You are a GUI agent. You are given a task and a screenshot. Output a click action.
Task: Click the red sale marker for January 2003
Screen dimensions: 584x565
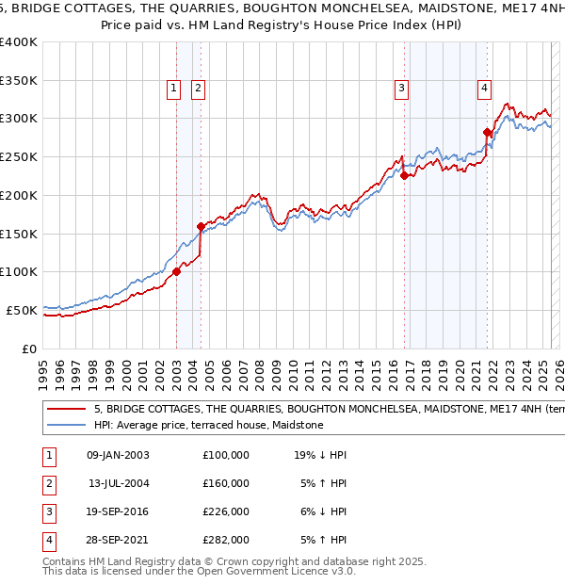[176, 271]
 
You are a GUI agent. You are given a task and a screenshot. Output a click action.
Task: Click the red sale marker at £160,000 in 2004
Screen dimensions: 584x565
[201, 226]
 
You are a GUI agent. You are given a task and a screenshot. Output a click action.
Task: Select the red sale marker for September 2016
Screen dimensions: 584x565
[404, 175]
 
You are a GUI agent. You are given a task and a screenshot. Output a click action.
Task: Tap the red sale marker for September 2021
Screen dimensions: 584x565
[487, 132]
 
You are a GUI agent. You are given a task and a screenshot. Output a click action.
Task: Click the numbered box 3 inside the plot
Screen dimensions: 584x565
[401, 89]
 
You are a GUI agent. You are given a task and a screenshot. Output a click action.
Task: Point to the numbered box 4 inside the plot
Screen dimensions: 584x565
[484, 89]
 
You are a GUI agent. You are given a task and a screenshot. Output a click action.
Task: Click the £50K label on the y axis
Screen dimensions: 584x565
[22, 310]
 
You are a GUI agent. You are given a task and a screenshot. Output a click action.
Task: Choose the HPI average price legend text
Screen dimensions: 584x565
[208, 426]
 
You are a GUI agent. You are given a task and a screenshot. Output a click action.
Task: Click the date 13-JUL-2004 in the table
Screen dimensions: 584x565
[118, 483]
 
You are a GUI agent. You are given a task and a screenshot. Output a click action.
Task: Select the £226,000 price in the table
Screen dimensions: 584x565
[226, 511]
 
